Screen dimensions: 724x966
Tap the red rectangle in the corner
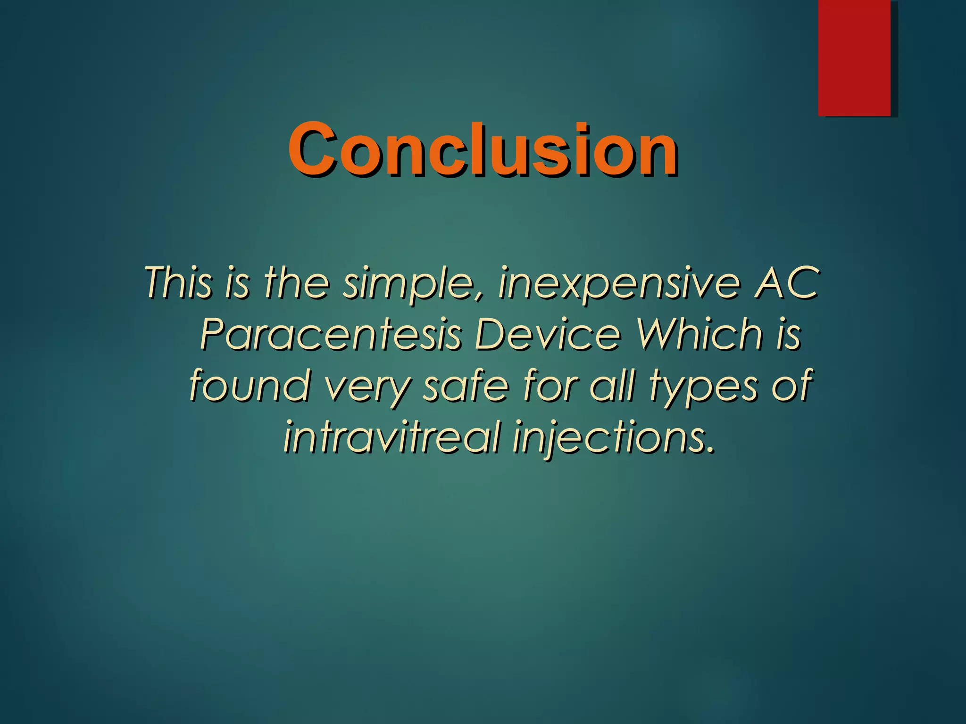click(x=854, y=58)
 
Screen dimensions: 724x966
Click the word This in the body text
click(x=178, y=283)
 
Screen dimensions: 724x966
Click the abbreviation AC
click(x=786, y=283)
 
